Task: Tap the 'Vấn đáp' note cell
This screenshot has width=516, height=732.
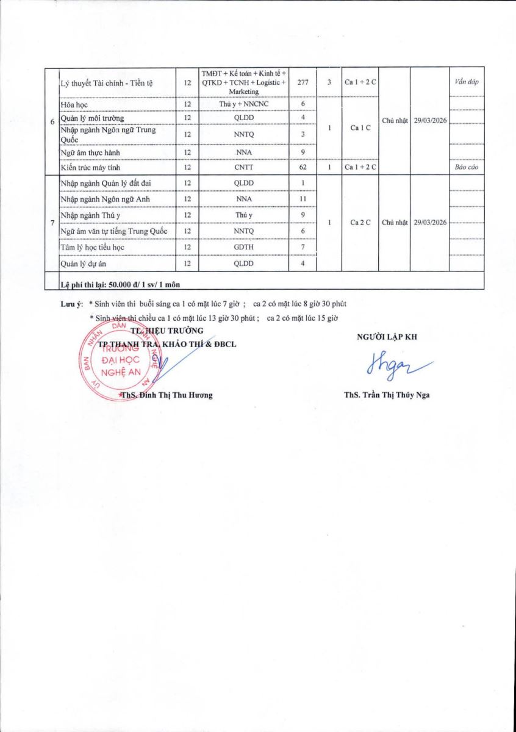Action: click(466, 82)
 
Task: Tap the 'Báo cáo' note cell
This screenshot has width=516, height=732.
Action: click(466, 167)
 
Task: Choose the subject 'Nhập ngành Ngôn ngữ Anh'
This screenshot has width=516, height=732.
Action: click(105, 199)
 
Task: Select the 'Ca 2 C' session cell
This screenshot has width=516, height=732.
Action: click(359, 223)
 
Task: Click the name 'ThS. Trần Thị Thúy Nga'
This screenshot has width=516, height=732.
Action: click(387, 395)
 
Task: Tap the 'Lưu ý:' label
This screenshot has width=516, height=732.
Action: click(72, 303)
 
